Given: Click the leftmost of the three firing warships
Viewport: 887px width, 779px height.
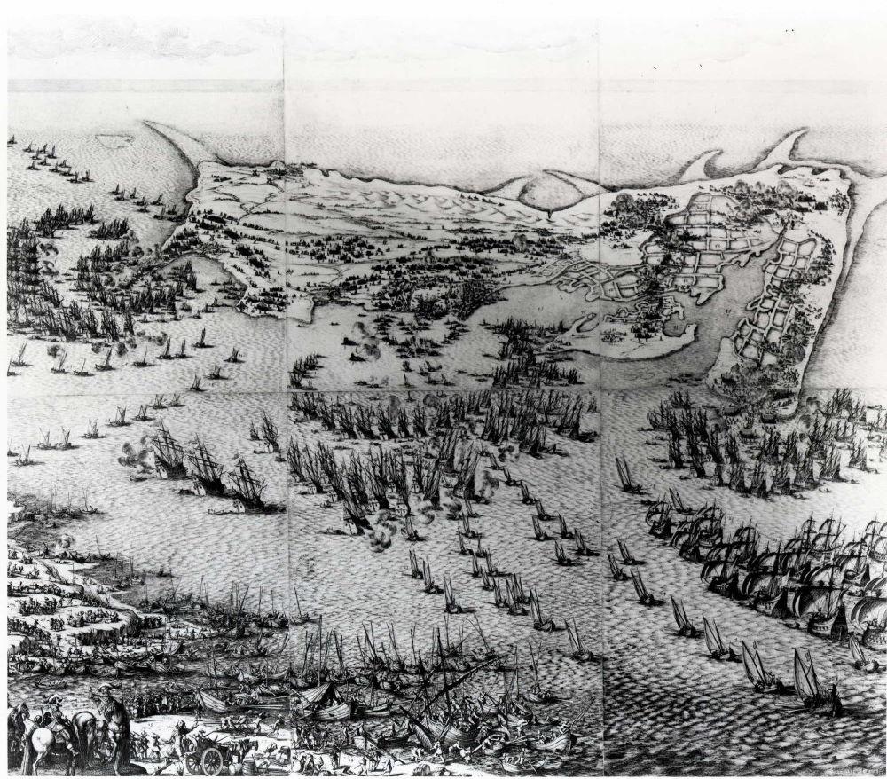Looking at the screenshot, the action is [x=169, y=452].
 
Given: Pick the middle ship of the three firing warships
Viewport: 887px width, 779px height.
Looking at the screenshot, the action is [x=206, y=466].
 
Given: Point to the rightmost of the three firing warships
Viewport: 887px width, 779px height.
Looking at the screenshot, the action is [x=246, y=484].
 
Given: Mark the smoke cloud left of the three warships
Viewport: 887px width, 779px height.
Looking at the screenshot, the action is [x=133, y=457].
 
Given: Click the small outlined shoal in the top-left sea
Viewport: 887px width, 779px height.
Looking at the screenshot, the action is [x=113, y=140].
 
